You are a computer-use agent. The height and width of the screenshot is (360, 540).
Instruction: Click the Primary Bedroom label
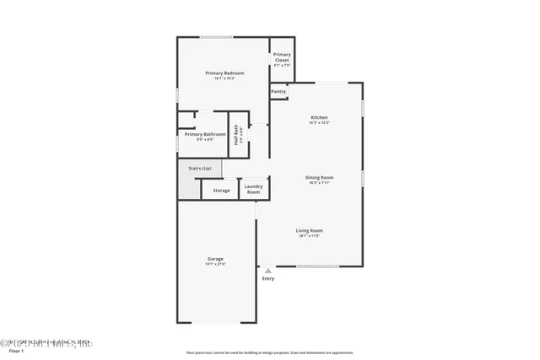tap(224, 73)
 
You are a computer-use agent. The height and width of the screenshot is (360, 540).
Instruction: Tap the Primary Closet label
tap(282, 57)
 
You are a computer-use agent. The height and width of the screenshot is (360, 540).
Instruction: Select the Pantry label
tap(278, 91)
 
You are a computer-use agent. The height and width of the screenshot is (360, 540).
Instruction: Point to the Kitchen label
tap(319, 117)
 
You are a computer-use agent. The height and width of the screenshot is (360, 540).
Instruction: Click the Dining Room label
tap(319, 177)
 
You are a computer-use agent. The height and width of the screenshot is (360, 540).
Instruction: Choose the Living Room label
tap(310, 230)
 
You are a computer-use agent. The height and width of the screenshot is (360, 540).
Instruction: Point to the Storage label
tap(221, 191)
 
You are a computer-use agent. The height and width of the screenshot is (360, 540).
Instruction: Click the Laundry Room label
tap(253, 188)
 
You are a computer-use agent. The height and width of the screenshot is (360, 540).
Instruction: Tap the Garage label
tap(215, 258)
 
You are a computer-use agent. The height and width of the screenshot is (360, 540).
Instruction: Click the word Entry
tap(268, 278)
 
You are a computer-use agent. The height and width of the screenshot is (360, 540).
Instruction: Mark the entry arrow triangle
tap(268, 271)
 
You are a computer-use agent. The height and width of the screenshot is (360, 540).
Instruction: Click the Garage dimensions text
tap(215, 264)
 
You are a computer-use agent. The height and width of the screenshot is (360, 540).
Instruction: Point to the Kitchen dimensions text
tap(319, 123)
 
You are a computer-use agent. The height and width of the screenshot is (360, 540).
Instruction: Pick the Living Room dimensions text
tap(310, 236)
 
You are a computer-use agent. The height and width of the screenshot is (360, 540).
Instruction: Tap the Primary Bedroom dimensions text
tap(224, 78)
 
